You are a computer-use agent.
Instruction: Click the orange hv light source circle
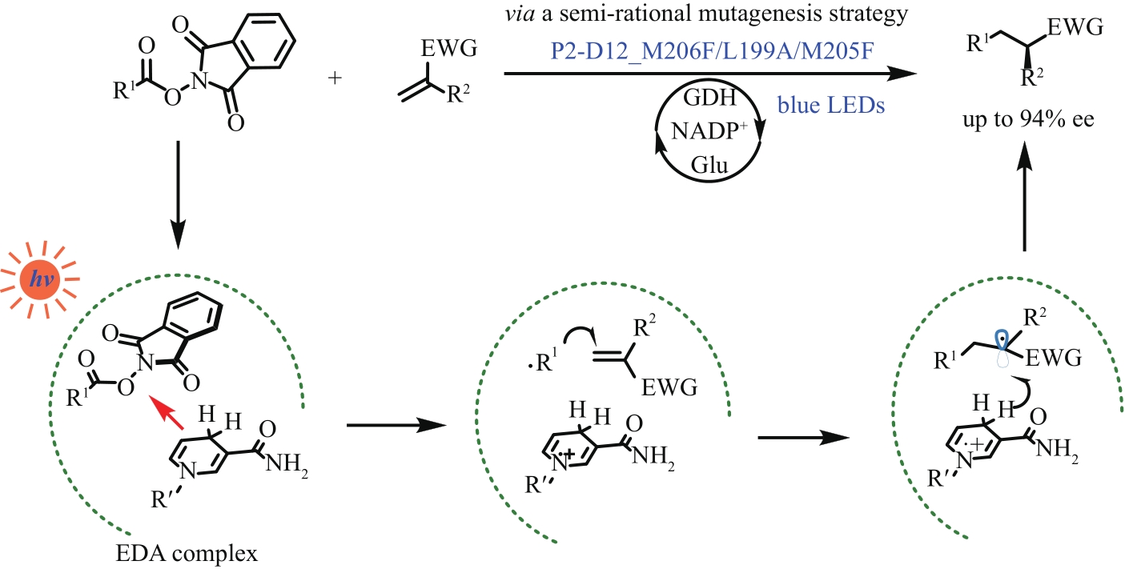38,282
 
